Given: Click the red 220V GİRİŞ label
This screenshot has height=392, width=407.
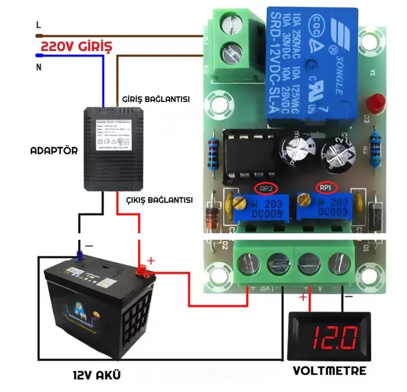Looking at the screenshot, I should click(x=76, y=46).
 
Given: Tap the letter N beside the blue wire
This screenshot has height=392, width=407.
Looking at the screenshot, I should click(x=38, y=66).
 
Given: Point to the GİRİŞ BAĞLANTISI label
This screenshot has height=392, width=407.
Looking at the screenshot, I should click(x=155, y=99).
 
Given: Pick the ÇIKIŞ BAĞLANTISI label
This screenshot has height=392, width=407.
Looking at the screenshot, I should click(x=160, y=200).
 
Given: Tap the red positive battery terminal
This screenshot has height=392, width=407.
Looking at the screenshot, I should click(x=141, y=271).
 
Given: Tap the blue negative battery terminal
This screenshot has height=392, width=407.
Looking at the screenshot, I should click(x=80, y=256).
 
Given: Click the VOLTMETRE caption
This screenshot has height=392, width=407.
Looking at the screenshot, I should click(x=329, y=371).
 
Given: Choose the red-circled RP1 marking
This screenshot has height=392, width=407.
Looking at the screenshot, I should click(x=326, y=187).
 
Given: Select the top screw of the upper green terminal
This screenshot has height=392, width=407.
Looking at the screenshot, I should click(x=229, y=25).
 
